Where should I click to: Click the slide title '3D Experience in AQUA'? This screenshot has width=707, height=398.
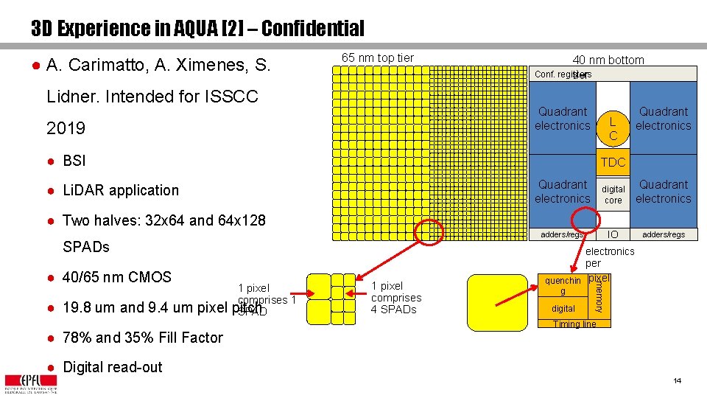click(197, 29)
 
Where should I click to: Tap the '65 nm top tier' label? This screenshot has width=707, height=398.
click(378, 58)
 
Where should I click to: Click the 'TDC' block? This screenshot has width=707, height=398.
click(613, 162)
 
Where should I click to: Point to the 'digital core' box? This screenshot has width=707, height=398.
click(613, 195)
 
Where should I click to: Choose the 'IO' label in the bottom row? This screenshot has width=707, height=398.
click(611, 234)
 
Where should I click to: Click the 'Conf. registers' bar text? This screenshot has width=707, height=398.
click(563, 74)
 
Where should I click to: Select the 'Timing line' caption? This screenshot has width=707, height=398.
click(574, 324)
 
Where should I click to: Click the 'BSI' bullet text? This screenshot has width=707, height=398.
click(74, 161)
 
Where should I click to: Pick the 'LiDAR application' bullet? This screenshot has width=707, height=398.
click(121, 190)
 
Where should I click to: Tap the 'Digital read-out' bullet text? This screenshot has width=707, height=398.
click(113, 367)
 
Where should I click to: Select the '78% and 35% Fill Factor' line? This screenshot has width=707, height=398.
click(143, 338)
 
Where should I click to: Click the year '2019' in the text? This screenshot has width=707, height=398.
click(66, 128)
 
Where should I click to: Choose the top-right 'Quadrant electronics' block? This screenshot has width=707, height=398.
click(663, 119)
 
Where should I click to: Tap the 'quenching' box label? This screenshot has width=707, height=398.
click(563, 285)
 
